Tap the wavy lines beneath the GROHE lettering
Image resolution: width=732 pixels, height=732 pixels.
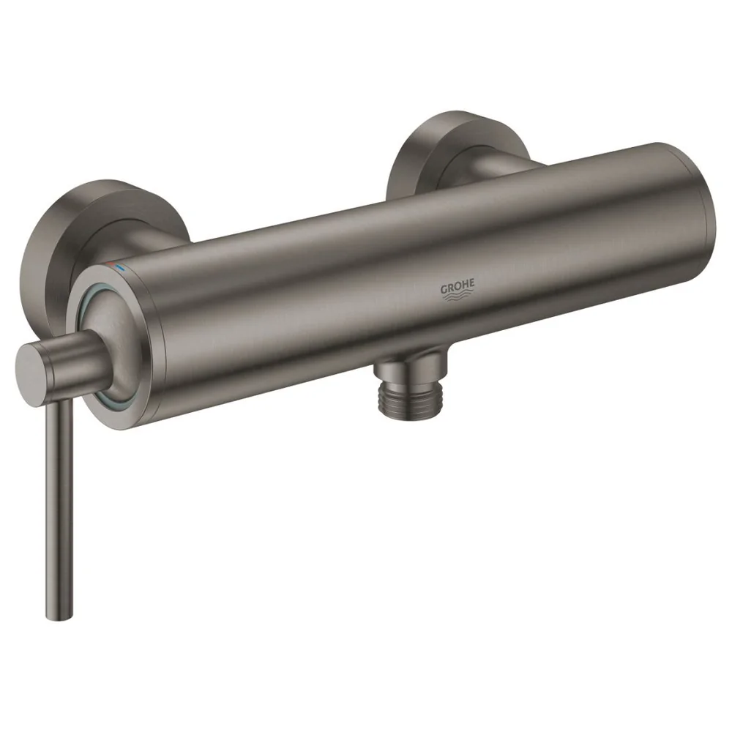[457, 297]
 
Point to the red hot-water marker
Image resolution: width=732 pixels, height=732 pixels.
[109, 265]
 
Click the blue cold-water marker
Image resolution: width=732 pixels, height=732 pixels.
[121, 268]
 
